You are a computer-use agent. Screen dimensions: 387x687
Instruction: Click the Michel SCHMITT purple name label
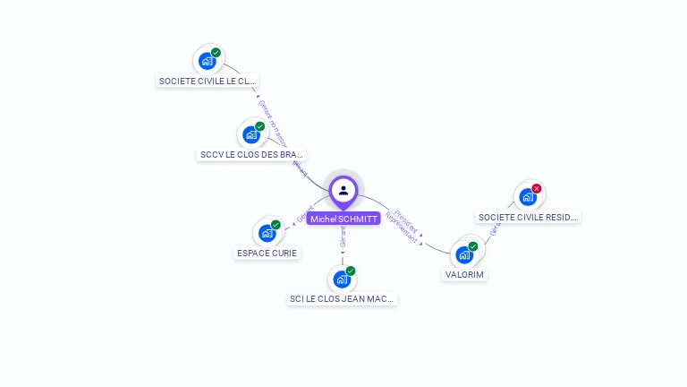[x=343, y=219]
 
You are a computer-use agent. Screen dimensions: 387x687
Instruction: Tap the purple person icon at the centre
[x=343, y=190]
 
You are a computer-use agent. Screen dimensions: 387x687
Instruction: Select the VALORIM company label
[x=464, y=275]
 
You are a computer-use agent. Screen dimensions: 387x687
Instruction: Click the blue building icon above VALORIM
[x=464, y=254]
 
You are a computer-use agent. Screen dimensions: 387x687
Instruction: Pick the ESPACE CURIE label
[x=267, y=254]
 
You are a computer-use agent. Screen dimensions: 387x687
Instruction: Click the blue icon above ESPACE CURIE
[x=267, y=233]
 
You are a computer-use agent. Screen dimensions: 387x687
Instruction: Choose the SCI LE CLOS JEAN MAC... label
[x=342, y=299]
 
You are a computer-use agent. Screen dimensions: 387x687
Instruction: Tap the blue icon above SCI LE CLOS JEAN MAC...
[x=342, y=279]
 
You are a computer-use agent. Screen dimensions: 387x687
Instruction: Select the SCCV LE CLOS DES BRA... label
[x=251, y=155]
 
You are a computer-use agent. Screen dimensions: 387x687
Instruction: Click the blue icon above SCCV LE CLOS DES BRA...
[x=251, y=134]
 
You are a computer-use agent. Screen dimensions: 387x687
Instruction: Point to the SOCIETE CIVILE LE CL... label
[x=208, y=82]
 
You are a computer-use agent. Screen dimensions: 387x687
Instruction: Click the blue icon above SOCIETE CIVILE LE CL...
[x=208, y=61]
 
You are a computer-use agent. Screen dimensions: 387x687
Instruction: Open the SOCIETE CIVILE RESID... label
[x=528, y=218]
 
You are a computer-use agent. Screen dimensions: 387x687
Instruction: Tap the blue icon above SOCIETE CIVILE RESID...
[x=528, y=197]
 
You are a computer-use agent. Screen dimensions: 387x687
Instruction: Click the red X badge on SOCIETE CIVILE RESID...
[x=537, y=188]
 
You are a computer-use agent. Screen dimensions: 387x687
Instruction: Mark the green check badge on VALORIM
[x=473, y=246]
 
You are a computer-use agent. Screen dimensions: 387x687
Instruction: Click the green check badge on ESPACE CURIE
[x=276, y=225]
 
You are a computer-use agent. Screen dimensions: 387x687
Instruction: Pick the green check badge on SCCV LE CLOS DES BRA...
[x=260, y=126]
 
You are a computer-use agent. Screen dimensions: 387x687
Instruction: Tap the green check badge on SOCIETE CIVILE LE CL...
[x=216, y=53]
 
